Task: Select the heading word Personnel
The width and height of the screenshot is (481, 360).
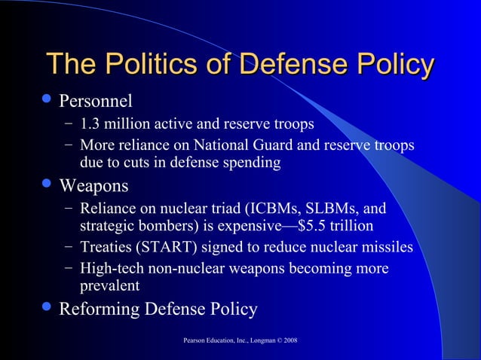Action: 96,100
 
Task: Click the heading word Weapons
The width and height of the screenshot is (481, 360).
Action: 94,185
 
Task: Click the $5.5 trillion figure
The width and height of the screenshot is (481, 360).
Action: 335,225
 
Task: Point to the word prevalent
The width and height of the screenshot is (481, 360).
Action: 109,285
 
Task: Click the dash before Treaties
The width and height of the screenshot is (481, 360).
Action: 69,247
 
